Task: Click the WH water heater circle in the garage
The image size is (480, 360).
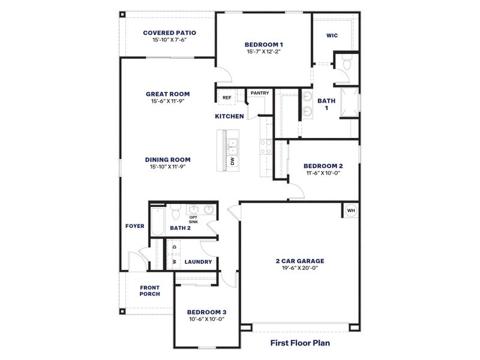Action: click(x=351, y=210)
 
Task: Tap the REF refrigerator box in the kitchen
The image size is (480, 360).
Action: click(x=227, y=98)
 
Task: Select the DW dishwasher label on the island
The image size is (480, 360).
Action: click(x=233, y=161)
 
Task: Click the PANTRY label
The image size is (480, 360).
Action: click(x=259, y=93)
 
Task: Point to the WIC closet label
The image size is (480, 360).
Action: click(x=332, y=35)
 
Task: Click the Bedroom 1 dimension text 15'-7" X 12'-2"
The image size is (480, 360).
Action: click(x=263, y=52)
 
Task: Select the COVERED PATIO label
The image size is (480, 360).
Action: click(x=169, y=33)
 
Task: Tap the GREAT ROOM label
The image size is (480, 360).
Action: click(x=167, y=94)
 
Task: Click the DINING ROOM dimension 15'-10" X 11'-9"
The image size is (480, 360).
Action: click(x=167, y=167)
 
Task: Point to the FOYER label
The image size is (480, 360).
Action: click(x=134, y=226)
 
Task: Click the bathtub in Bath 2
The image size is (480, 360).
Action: click(x=157, y=221)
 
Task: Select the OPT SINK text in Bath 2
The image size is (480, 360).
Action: click(x=193, y=220)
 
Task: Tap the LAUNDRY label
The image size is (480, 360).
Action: click(x=197, y=262)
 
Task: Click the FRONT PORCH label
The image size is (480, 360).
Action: click(x=149, y=291)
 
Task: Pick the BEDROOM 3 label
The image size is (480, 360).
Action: click(x=206, y=312)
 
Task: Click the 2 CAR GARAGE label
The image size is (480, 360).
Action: click(x=299, y=261)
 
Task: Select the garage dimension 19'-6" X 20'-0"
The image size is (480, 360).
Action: click(x=299, y=268)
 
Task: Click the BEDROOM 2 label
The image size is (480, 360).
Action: click(x=323, y=166)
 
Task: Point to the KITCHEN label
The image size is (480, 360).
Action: click(x=229, y=116)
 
